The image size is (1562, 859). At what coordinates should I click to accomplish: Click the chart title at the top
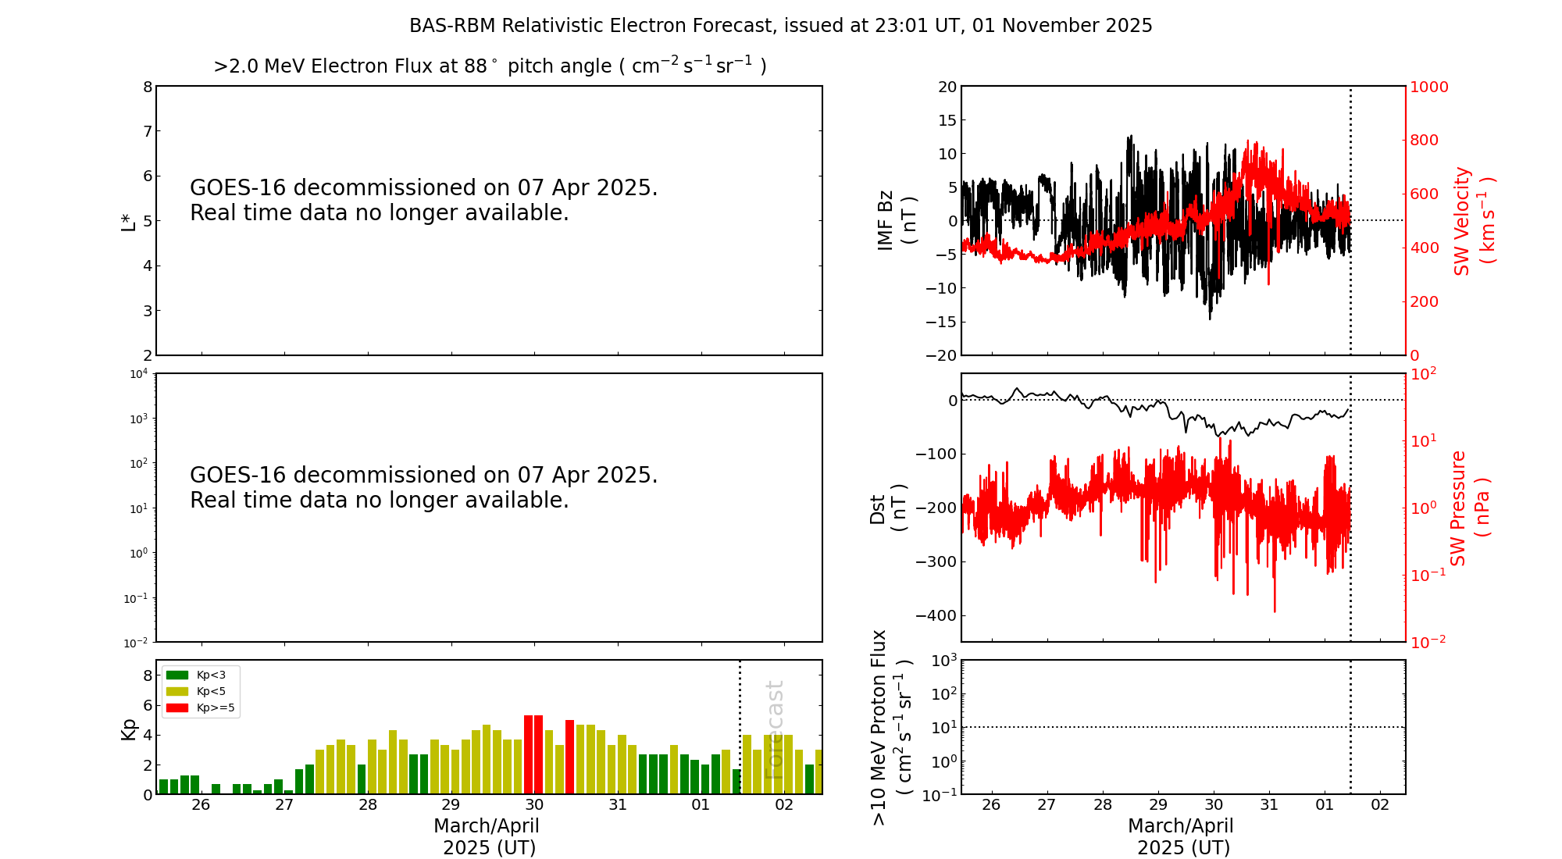tap(780, 26)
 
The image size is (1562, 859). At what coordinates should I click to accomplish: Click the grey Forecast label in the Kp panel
tap(774, 729)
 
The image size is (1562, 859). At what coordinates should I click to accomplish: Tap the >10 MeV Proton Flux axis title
tap(891, 727)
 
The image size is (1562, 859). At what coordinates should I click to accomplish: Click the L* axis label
tap(129, 220)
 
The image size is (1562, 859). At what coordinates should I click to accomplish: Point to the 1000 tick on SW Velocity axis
tap(1428, 87)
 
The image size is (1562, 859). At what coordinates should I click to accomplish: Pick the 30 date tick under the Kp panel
tap(534, 805)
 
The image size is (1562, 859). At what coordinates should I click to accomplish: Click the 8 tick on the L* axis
tap(148, 87)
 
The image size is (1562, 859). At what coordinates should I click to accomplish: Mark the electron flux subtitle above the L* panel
tap(490, 66)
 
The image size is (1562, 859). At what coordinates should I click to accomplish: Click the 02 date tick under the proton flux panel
tap(1380, 805)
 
